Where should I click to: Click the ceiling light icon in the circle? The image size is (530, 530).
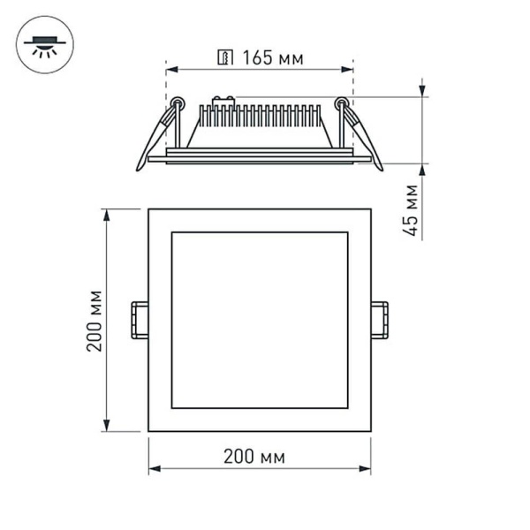[45, 43]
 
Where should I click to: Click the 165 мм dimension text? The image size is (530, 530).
[272, 59]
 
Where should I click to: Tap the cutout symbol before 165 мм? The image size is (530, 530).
[225, 59]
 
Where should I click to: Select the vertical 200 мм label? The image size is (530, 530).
[95, 320]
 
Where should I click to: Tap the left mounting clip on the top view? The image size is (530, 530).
[139, 320]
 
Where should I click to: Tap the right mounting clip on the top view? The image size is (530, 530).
[380, 320]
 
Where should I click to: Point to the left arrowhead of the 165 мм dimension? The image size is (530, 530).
[170, 69]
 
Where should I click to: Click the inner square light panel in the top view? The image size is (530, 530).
[259, 320]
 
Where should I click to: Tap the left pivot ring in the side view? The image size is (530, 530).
[178, 102]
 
